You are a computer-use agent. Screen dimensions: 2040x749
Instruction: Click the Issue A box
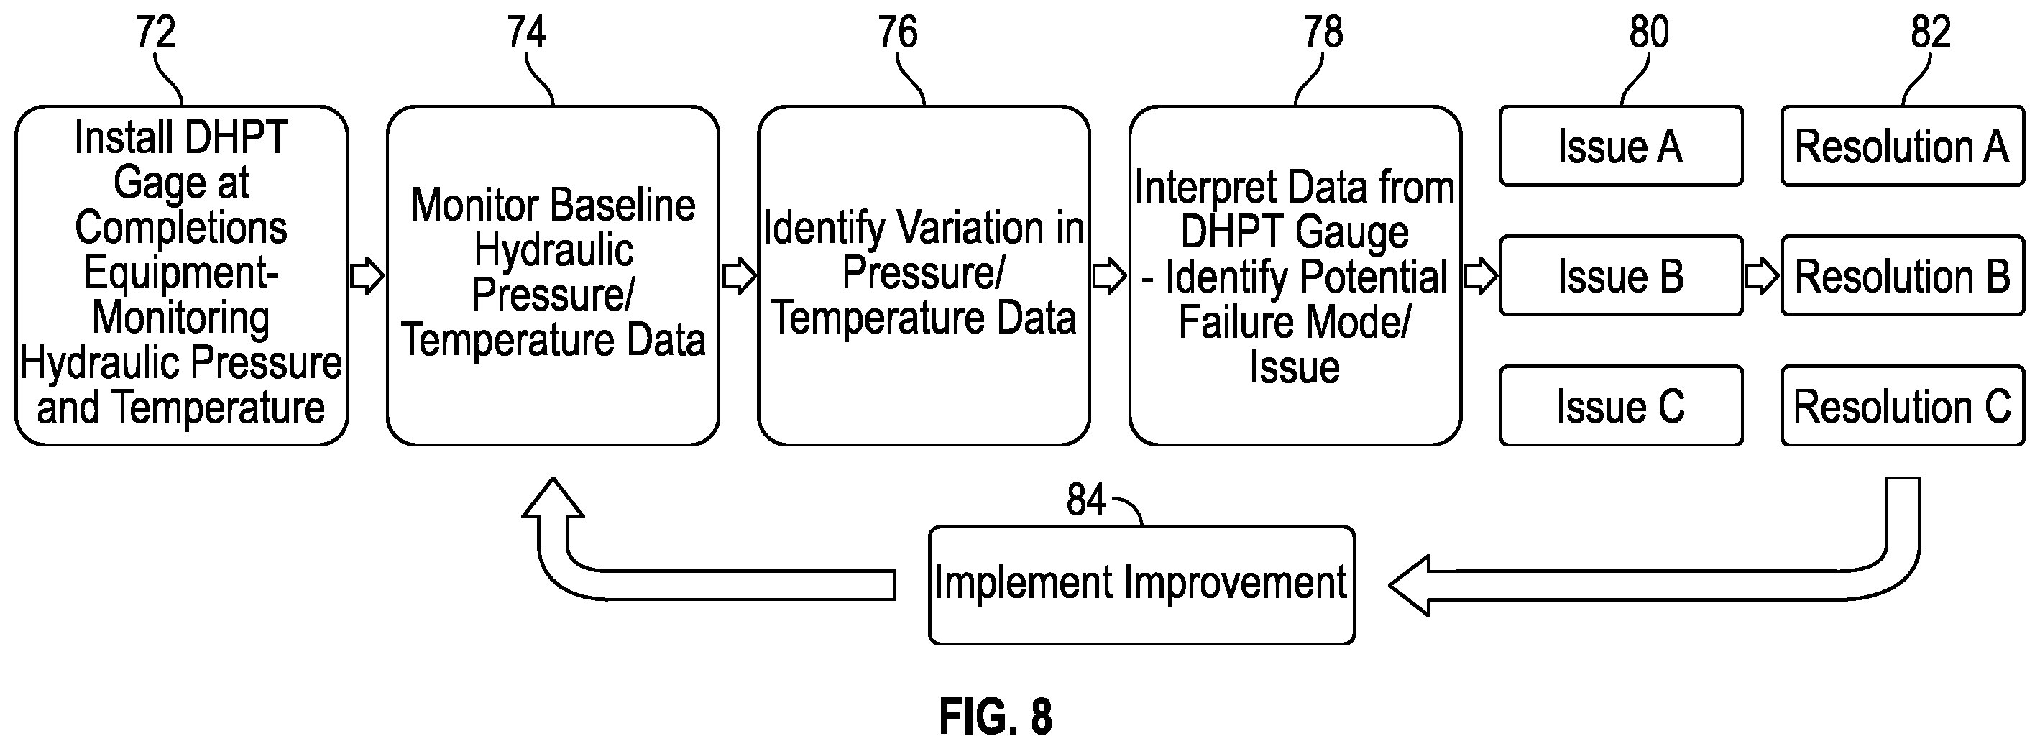[1621, 147]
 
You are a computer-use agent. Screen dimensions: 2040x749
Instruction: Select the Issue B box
[1621, 275]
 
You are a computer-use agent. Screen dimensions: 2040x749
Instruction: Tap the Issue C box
[1621, 405]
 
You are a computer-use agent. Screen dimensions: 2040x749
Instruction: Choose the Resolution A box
[1902, 147]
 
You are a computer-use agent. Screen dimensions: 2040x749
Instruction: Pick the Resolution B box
[1902, 275]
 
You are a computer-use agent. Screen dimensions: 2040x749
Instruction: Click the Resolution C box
[1902, 405]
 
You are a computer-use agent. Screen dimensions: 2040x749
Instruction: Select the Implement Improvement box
[1141, 585]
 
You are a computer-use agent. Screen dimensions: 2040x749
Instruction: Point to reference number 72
[155, 32]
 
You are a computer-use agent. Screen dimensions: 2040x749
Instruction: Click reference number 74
[527, 32]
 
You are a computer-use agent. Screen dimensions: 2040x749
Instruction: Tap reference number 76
[898, 32]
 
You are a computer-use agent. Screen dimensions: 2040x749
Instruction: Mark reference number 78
[1323, 32]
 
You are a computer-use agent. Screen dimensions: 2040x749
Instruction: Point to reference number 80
[1650, 32]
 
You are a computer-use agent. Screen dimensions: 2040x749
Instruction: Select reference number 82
[1931, 32]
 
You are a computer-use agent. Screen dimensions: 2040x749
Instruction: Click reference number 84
[1085, 500]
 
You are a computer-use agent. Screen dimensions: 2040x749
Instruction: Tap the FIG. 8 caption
[996, 717]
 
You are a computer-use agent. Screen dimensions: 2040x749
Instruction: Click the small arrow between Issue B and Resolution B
[1762, 275]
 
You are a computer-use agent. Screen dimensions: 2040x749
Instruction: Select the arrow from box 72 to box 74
[367, 276]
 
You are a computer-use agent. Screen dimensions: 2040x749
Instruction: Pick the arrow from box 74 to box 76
[739, 276]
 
